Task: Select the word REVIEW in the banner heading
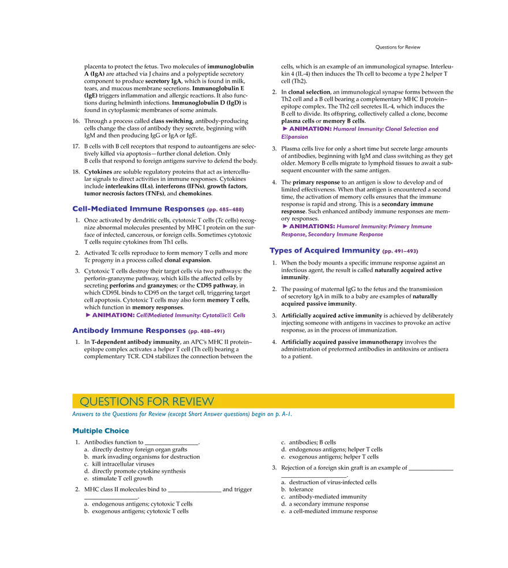(x=193, y=402)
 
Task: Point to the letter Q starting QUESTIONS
(x=84, y=402)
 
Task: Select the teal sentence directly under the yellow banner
(x=182, y=415)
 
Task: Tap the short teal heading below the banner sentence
(x=101, y=430)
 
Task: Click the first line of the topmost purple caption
(x=361, y=129)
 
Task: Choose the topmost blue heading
(x=137, y=208)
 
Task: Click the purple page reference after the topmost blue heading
(x=225, y=209)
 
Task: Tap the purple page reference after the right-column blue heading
(x=400, y=252)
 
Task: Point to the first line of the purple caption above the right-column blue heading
(x=357, y=226)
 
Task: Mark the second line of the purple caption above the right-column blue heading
(x=333, y=235)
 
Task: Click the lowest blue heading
(x=128, y=331)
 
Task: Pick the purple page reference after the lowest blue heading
(x=206, y=332)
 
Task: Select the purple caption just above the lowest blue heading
(x=165, y=315)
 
